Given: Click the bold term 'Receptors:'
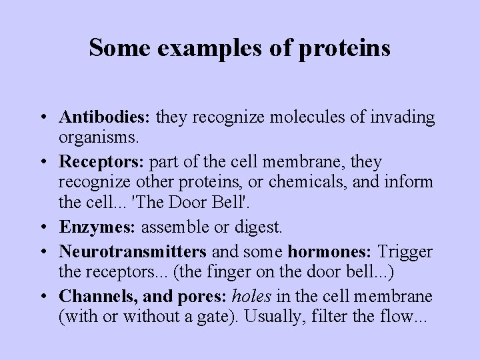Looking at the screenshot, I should (x=103, y=162).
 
